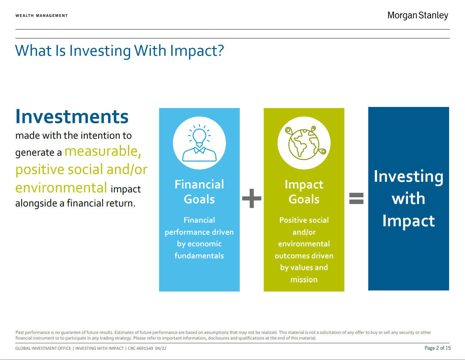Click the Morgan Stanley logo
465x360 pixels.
point(417,16)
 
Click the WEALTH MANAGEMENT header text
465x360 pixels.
point(42,16)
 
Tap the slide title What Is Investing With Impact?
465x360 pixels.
point(119,51)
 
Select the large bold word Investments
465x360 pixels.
point(72,116)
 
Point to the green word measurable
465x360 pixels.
point(103,151)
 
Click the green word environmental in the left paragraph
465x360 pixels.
point(61,188)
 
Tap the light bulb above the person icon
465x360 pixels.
point(199,135)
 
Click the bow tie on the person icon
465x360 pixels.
point(199,150)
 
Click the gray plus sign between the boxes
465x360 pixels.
point(252,198)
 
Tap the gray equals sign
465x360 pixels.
point(356,198)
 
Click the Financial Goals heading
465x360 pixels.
point(199,192)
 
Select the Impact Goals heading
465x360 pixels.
point(304,192)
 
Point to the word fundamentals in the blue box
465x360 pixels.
point(199,256)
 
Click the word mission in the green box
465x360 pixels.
point(304,280)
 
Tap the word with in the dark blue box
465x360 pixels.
point(409,198)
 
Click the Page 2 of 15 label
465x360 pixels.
point(437,348)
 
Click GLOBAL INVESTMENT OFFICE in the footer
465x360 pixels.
point(43,348)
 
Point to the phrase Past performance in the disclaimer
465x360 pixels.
point(32,332)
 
